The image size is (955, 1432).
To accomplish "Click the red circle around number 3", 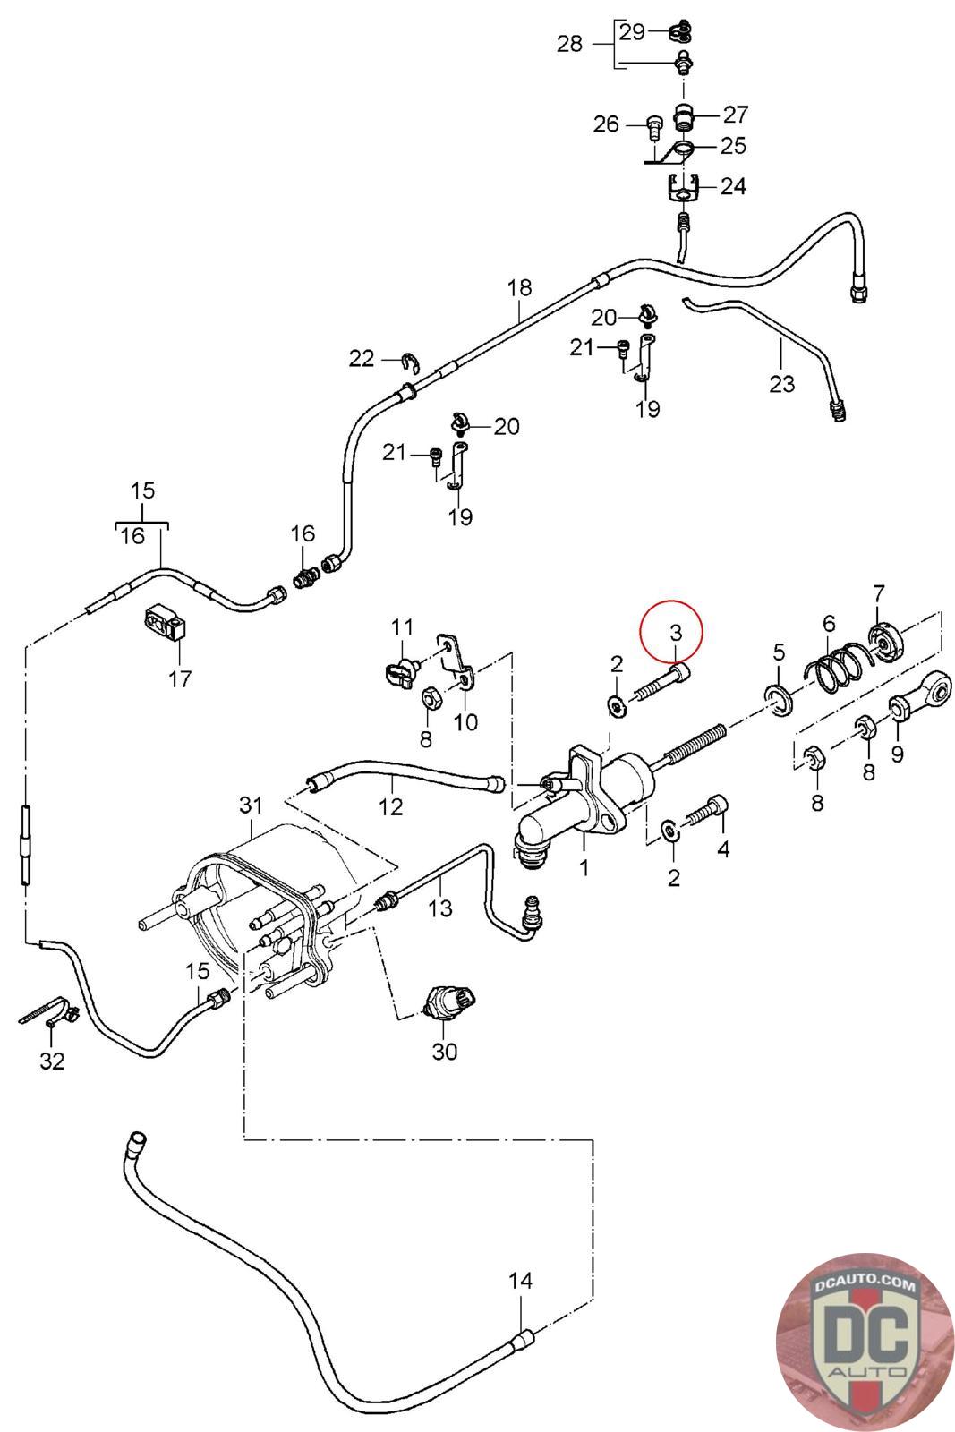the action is pos(671,630).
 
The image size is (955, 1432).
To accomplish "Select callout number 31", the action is pos(251,805).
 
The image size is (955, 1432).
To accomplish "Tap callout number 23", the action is pos(781,384).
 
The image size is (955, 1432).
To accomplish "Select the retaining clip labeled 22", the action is pos(411,362).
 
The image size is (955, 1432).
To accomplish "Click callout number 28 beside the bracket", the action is pos(569,44).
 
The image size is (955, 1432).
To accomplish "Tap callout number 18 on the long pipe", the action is pos(519,287).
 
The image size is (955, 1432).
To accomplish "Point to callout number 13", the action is pos(439,908).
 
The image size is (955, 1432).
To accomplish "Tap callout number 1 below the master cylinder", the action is pos(583,867).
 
